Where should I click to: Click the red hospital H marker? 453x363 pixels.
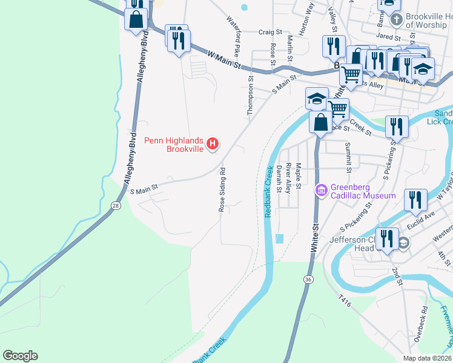pyautogui.click(x=213, y=143)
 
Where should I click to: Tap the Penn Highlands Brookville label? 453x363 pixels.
pyautogui.click(x=174, y=145)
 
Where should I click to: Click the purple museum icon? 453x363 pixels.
pyautogui.click(x=321, y=191)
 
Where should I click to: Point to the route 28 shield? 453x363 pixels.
pyautogui.click(x=115, y=207)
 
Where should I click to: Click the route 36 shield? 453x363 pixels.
pyautogui.click(x=309, y=280)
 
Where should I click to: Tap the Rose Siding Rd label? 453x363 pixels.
pyautogui.click(x=222, y=189)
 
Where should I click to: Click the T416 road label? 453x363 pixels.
pyautogui.click(x=345, y=299)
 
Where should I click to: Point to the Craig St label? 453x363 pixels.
pyautogui.click(x=271, y=32)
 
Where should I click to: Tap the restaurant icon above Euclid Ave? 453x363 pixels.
pyautogui.click(x=415, y=200)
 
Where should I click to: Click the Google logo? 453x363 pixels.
pyautogui.click(x=20, y=356)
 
